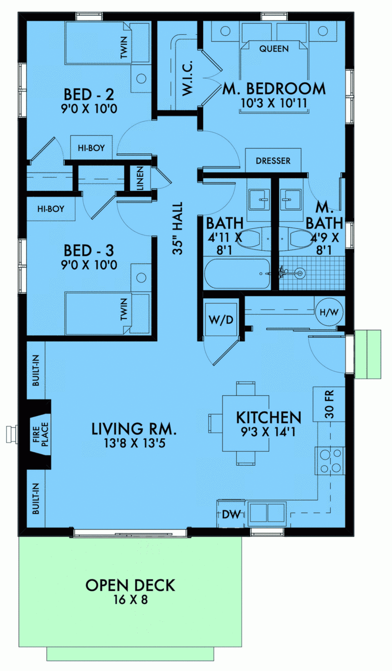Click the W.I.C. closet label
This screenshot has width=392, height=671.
click(187, 79)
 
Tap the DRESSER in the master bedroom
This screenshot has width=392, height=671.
click(273, 161)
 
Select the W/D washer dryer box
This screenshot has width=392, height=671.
click(221, 320)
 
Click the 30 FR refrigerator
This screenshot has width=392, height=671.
click(329, 404)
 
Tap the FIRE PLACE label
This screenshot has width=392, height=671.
click(40, 433)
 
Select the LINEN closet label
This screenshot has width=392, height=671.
click(140, 178)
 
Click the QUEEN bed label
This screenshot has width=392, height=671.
click(274, 49)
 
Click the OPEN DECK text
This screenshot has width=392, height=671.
click(130, 585)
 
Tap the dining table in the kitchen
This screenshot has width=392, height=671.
click(246, 424)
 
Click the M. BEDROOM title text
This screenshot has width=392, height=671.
click(274, 89)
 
